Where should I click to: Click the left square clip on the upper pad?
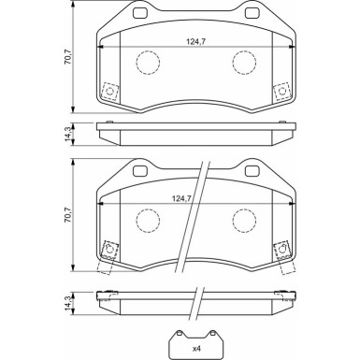point(110,92)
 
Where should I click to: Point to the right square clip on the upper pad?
point(279,92)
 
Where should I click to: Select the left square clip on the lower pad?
point(110,249)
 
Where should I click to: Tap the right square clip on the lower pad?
point(279,249)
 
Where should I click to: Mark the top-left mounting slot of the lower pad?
point(143,172)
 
